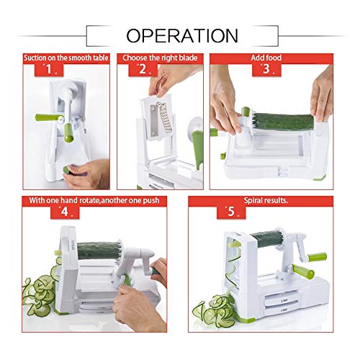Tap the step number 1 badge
pyautogui.click(x=48, y=70)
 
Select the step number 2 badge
pyautogui.click(x=143, y=70)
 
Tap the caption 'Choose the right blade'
pyautogui.click(x=160, y=56)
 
